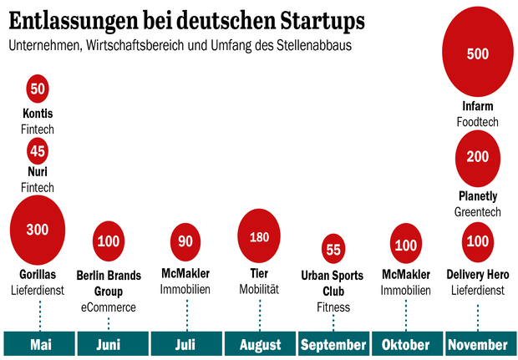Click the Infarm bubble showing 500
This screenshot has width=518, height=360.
click(477, 54)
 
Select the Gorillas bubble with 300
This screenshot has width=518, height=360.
click(38, 231)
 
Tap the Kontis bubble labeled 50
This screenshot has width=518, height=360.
click(38, 89)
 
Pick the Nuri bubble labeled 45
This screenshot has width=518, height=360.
click(38, 151)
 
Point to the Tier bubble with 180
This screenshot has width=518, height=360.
click(259, 236)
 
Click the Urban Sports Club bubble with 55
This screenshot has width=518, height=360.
click(333, 249)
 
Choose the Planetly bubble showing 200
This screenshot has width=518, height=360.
click(477, 157)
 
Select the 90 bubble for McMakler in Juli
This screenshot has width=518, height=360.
click(185, 241)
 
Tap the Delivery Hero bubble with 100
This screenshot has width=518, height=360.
click(477, 241)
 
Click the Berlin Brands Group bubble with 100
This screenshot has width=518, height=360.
click(109, 241)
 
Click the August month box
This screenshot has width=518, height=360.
click(259, 344)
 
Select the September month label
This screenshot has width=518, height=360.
click(333, 344)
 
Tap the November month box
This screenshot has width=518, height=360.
click(477, 344)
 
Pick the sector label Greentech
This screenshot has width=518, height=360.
click(477, 212)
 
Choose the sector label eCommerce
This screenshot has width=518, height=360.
click(109, 307)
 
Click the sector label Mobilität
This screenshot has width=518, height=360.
click(259, 290)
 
